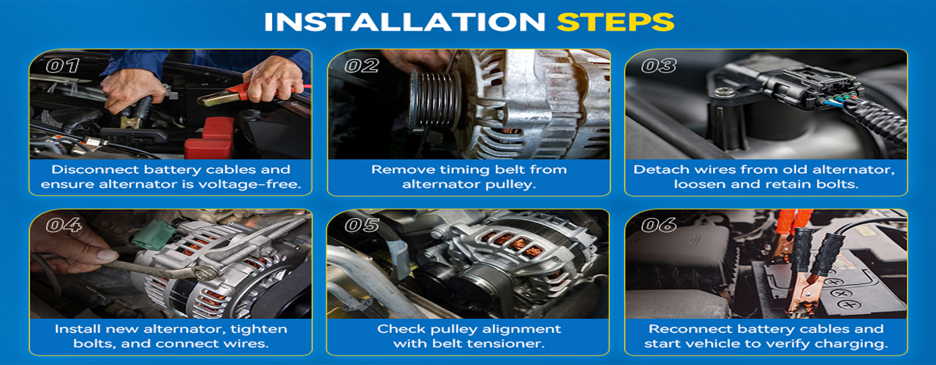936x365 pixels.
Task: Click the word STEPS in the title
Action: (616, 22)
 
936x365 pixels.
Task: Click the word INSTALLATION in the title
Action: (404, 22)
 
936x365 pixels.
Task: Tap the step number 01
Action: (62, 66)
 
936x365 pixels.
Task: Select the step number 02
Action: (361, 66)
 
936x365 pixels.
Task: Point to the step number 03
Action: (659, 66)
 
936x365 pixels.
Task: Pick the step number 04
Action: (64, 226)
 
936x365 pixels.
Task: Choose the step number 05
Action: (361, 226)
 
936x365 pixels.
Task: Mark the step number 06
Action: (659, 226)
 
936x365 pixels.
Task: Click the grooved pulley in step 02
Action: (434, 99)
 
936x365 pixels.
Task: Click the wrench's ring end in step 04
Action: (207, 273)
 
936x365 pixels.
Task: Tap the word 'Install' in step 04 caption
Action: (78, 329)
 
